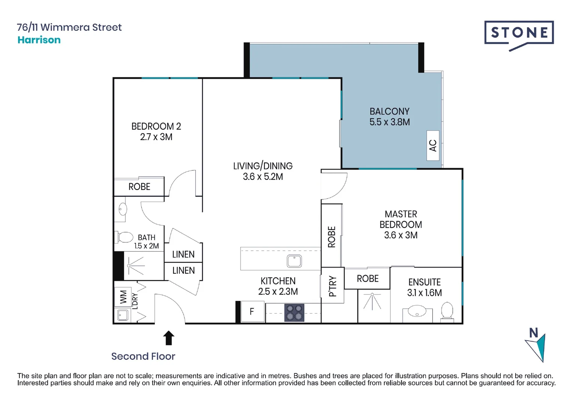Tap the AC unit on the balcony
[x=433, y=146]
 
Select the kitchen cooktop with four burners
[x=294, y=313]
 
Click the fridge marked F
[x=253, y=312]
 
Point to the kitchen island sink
[x=294, y=261]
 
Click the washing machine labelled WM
[x=123, y=297]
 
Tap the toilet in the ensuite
[x=447, y=312]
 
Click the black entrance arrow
[x=169, y=338]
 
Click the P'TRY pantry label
[x=332, y=286]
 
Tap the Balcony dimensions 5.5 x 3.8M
[x=390, y=122]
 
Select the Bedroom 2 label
[x=156, y=126]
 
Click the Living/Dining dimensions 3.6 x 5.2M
[x=263, y=177]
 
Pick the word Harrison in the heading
[x=39, y=40]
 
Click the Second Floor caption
[x=143, y=356]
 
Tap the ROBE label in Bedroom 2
[x=139, y=187]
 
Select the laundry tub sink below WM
[x=123, y=315]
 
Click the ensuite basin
[x=417, y=311]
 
